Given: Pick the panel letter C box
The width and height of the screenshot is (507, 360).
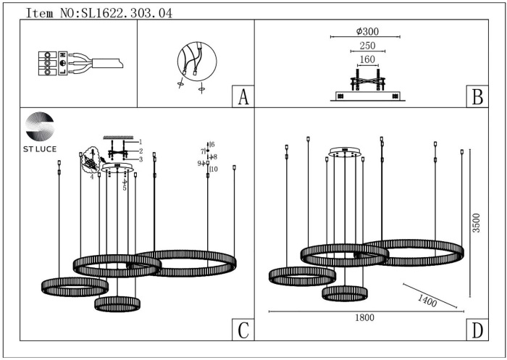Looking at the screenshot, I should (x=243, y=330).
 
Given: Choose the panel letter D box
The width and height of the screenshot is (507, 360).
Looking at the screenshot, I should (x=476, y=330).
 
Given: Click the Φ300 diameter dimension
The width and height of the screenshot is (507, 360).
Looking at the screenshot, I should (x=367, y=31).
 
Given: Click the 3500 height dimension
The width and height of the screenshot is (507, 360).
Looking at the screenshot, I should (x=476, y=222).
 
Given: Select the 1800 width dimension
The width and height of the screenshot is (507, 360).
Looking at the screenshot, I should (x=364, y=317).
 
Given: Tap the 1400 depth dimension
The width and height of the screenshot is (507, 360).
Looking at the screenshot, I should (x=427, y=298).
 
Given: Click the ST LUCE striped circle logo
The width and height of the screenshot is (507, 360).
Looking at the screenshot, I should (x=40, y=126).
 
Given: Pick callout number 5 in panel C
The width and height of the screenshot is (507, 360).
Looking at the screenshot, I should (x=125, y=188).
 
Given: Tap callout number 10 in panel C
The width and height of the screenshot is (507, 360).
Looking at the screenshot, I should (x=214, y=169).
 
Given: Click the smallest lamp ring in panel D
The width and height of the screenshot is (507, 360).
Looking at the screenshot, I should (x=345, y=293).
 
